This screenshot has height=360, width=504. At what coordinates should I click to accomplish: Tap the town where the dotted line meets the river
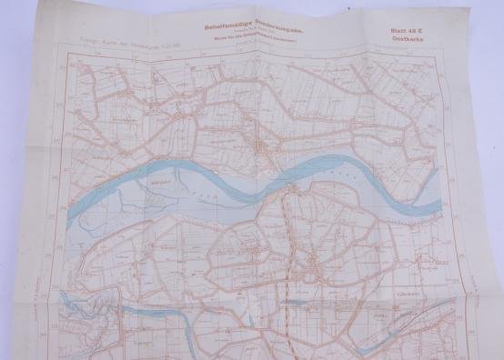coord(289,188)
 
